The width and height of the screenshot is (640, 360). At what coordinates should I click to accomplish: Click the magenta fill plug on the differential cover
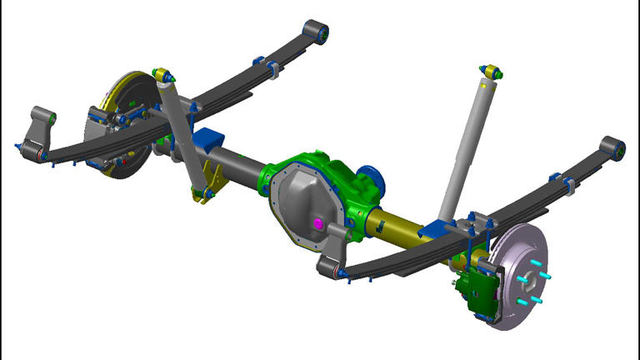point(317,223)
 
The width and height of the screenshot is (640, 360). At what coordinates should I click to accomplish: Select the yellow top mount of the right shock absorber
point(491,72)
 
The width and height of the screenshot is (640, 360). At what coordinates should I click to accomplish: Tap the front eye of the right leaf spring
point(613,147)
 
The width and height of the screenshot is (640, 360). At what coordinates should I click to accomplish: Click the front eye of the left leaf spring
point(317,32)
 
